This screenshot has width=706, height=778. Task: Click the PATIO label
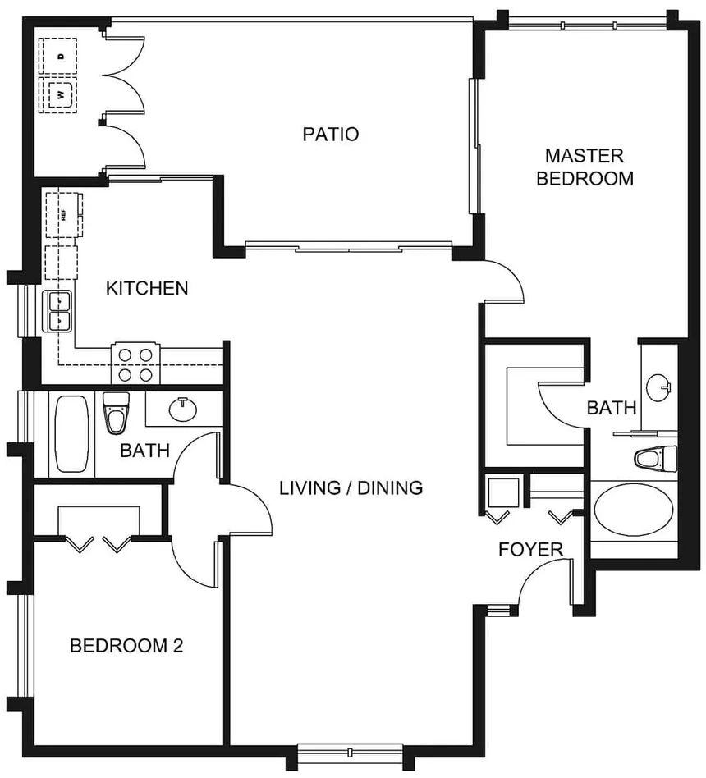331,134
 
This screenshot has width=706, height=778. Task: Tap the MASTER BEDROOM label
585,167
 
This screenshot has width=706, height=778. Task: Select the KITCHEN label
147,288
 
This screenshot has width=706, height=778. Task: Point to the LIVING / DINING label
351,488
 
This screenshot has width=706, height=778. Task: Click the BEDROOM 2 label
126,646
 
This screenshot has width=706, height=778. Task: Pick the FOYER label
530,550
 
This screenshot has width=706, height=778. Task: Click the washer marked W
61,94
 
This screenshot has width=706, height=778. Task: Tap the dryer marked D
62,57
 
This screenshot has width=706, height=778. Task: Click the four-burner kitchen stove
136,363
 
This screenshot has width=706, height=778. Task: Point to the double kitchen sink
60,310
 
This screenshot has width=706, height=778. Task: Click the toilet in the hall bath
117,411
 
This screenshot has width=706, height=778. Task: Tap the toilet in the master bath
654,459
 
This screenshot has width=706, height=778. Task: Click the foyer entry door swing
539,583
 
